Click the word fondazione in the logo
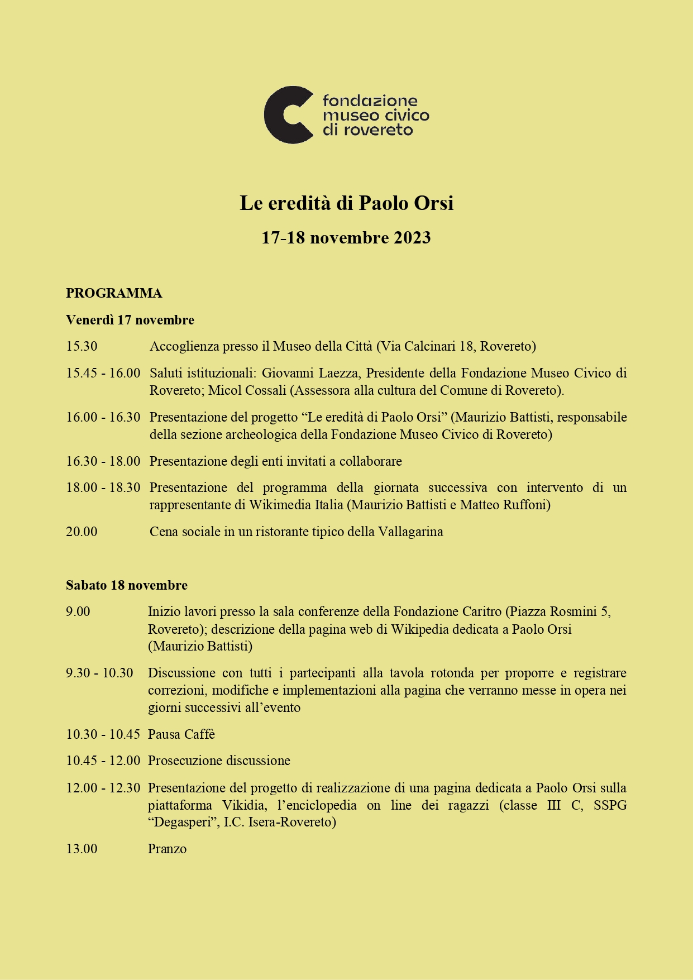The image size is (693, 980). (370, 101)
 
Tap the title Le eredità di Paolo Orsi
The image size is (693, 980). (346, 203)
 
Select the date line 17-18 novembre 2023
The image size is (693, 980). (346, 238)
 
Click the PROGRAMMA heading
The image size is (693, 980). (114, 293)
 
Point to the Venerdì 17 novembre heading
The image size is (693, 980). (130, 320)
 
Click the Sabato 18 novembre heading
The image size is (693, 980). (127, 585)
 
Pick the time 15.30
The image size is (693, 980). (82, 346)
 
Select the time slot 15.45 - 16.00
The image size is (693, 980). (103, 373)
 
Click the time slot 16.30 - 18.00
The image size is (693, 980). (103, 461)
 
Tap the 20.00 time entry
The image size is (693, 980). (82, 532)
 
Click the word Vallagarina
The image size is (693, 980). (410, 532)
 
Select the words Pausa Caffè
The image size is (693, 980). (181, 734)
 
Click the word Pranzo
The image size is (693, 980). (167, 849)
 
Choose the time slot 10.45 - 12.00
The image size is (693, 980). (103, 761)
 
